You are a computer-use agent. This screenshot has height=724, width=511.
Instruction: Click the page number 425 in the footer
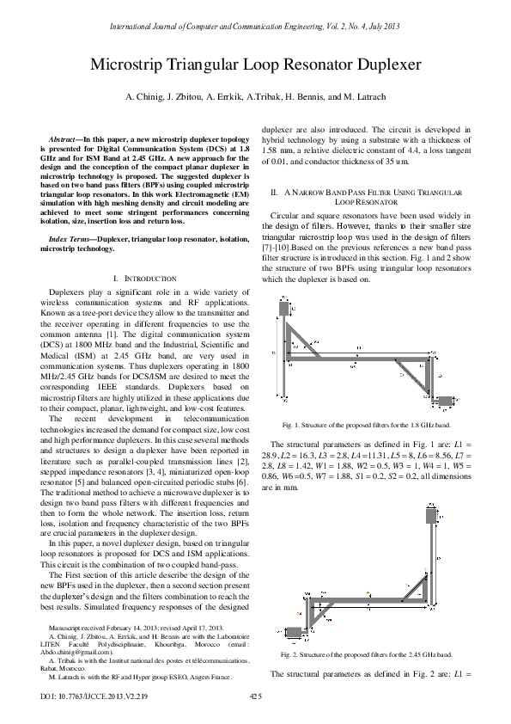255,694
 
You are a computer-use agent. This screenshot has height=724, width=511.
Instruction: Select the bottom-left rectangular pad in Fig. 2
293,632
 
